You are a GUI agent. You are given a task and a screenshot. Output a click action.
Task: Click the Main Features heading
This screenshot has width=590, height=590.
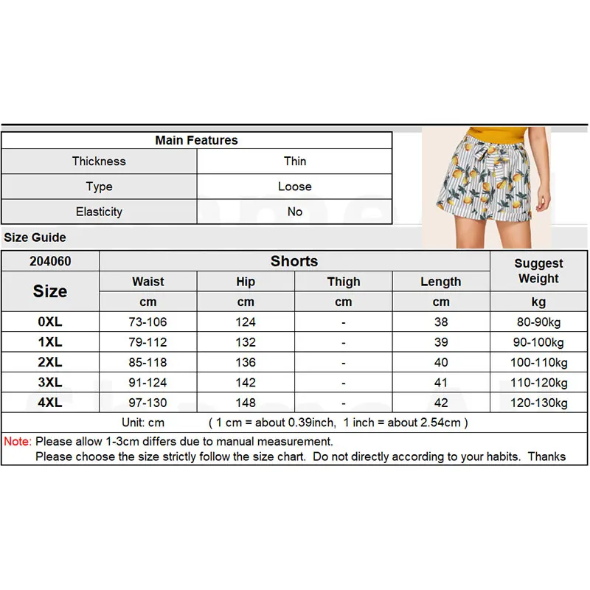pyautogui.click(x=196, y=140)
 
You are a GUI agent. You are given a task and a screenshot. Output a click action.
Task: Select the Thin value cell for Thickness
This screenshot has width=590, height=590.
pyautogui.click(x=295, y=161)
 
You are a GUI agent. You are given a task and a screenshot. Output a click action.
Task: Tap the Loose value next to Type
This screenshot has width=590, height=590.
pyautogui.click(x=295, y=187)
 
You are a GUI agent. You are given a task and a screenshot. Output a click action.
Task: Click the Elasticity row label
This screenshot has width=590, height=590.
pyautogui.click(x=99, y=212)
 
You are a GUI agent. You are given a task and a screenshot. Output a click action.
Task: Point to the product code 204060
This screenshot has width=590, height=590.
pyautogui.click(x=50, y=261)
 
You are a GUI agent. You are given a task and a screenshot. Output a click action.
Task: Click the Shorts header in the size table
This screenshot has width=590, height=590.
pyautogui.click(x=294, y=261)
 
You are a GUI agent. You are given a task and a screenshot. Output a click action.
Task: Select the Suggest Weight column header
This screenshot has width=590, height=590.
pyautogui.click(x=538, y=271)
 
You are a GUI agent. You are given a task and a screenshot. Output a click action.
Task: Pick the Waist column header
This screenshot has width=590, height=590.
pyautogui.click(x=148, y=282)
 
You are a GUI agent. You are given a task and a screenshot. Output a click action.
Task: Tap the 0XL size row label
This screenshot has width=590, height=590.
pyautogui.click(x=50, y=322)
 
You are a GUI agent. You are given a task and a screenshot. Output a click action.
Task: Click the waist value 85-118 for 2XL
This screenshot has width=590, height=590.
pyautogui.click(x=148, y=362)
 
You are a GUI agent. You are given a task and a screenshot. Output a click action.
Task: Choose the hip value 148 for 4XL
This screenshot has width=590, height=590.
pyautogui.click(x=246, y=403)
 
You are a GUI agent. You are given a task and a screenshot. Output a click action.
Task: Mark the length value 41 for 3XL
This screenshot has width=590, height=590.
pyautogui.click(x=441, y=383)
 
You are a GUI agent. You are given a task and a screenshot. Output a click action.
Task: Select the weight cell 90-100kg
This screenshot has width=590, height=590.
pyautogui.click(x=538, y=342)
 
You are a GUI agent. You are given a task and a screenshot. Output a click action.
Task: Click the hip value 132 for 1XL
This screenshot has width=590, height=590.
pyautogui.click(x=246, y=342)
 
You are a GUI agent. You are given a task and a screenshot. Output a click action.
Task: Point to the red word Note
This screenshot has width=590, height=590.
pyautogui.click(x=18, y=441)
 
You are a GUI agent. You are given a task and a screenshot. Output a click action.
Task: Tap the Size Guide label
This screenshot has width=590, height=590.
pyautogui.click(x=35, y=237)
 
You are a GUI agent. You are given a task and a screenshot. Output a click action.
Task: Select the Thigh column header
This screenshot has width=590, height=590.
pyautogui.click(x=344, y=282)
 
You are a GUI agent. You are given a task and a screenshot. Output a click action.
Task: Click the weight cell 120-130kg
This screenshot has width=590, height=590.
pyautogui.click(x=538, y=403)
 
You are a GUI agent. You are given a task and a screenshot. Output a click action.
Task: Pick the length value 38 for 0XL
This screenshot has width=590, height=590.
pyautogui.click(x=441, y=322)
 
